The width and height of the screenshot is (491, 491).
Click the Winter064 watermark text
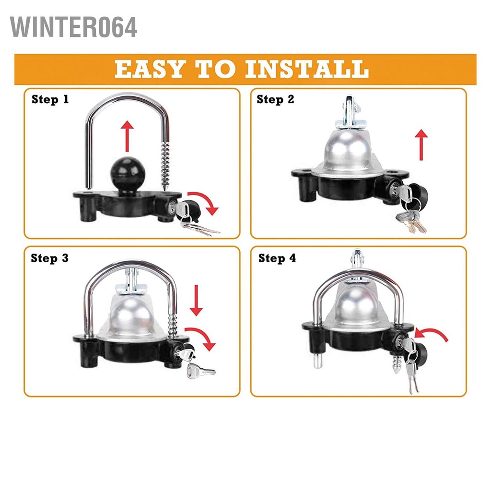(x=74, y=27)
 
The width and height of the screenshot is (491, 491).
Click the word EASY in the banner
(x=149, y=70)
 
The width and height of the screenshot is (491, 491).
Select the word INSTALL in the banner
(x=307, y=70)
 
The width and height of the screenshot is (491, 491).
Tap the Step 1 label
(x=50, y=100)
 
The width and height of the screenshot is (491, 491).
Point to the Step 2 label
(x=276, y=100)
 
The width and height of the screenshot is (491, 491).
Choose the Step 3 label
(x=50, y=258)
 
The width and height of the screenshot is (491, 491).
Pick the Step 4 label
(x=277, y=258)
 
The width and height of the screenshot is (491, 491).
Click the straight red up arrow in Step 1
(x=127, y=137)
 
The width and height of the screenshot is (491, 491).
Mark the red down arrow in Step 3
(x=196, y=300)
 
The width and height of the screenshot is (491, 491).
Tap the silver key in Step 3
(x=200, y=370)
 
